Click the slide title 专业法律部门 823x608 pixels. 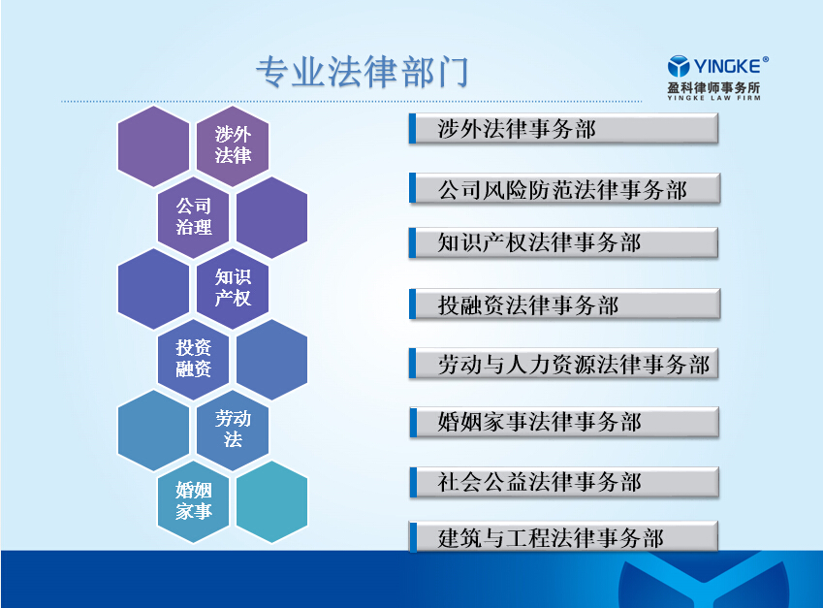pyautogui.click(x=362, y=72)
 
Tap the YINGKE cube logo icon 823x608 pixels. pyautogui.click(x=679, y=66)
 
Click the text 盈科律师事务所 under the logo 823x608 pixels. pyautogui.click(x=713, y=87)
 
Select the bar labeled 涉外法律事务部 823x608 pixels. pyautogui.click(x=563, y=129)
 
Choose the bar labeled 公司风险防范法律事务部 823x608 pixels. pyautogui.click(x=564, y=188)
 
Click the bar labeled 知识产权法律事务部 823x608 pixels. pyautogui.click(x=563, y=242)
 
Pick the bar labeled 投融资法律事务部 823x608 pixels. pyautogui.click(x=564, y=304)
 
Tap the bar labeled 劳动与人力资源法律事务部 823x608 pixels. pyautogui.click(x=563, y=364)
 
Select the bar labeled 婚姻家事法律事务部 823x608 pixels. pyautogui.click(x=564, y=422)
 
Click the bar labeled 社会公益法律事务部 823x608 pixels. pyautogui.click(x=564, y=482)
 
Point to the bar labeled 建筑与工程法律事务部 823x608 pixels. pyautogui.click(x=563, y=536)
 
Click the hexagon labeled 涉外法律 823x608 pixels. pyautogui.click(x=233, y=146)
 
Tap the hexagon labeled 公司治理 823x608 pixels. pyautogui.click(x=193, y=217)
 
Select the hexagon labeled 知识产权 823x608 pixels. pyautogui.click(x=233, y=289)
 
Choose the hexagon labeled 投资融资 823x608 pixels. pyautogui.click(x=193, y=360)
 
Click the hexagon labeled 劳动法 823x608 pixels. pyautogui.click(x=233, y=431)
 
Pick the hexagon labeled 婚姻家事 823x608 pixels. pyautogui.click(x=193, y=502)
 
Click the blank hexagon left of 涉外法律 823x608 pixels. pyautogui.click(x=153, y=146)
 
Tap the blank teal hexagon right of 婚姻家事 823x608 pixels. pyautogui.click(x=271, y=502)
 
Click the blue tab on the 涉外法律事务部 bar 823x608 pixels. pyautogui.click(x=413, y=129)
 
